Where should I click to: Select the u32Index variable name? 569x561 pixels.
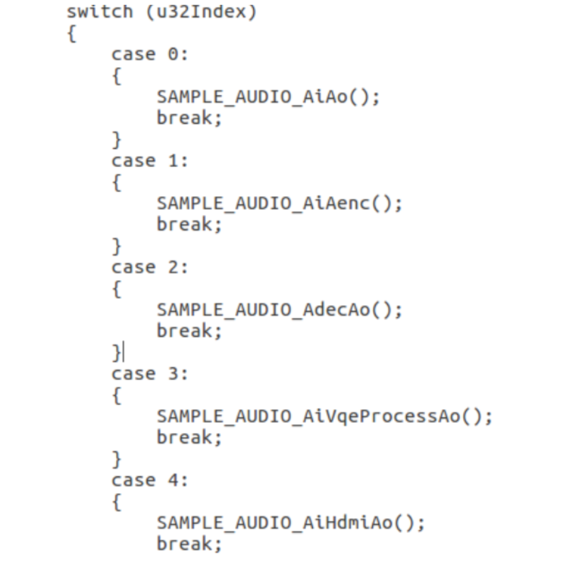pyautogui.click(x=201, y=12)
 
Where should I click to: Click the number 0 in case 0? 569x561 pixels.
pyautogui.click(x=173, y=55)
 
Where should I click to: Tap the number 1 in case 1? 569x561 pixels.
pyautogui.click(x=173, y=161)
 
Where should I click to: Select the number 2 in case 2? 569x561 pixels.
pyautogui.click(x=173, y=268)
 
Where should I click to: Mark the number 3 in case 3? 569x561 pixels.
pyautogui.click(x=173, y=374)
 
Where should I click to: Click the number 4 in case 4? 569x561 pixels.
pyautogui.click(x=173, y=480)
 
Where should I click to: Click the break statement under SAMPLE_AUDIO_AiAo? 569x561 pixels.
pyautogui.click(x=190, y=118)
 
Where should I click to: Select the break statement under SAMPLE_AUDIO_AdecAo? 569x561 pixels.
pyautogui.click(x=190, y=331)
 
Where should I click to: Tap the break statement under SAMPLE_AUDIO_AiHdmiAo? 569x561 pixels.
pyautogui.click(x=190, y=544)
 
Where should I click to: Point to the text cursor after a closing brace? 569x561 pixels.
pyautogui.click(x=123, y=353)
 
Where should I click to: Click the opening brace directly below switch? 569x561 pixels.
pyautogui.click(x=71, y=34)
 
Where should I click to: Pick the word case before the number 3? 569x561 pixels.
pyautogui.click(x=134, y=374)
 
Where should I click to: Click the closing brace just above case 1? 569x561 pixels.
pyautogui.click(x=117, y=140)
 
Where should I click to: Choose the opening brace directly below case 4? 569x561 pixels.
pyautogui.click(x=117, y=502)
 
